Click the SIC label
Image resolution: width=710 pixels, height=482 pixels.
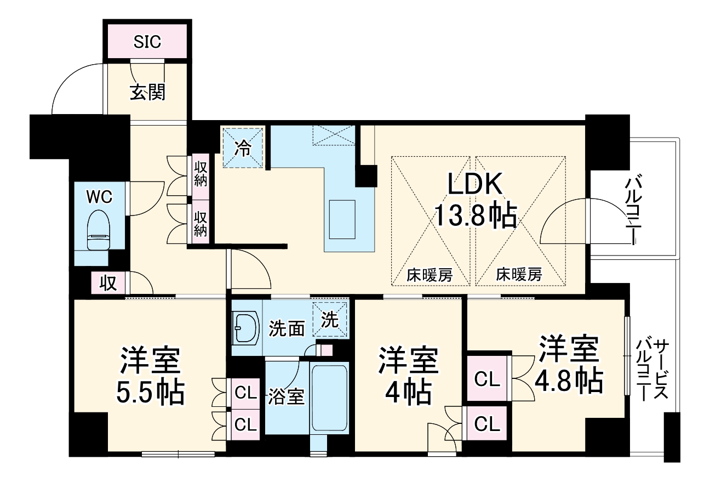(x=147, y=42)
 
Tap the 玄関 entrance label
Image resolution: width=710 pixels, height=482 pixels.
(x=147, y=93)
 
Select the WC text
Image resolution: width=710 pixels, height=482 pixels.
(x=100, y=195)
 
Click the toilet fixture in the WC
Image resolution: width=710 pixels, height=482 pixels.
(x=99, y=230)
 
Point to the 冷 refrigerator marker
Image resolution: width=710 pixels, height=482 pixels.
(x=242, y=147)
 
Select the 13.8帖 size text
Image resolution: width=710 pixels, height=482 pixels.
(x=475, y=216)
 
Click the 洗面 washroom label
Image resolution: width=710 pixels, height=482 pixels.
(x=287, y=328)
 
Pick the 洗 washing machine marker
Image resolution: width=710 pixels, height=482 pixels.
(x=330, y=320)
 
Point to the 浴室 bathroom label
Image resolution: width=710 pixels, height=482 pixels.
(x=286, y=396)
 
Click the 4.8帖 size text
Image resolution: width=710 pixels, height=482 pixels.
(x=570, y=379)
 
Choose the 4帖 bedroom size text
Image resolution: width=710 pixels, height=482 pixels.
(x=408, y=392)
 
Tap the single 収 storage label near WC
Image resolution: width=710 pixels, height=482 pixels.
(x=108, y=283)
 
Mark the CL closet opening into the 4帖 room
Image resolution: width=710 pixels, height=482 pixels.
(x=487, y=423)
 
